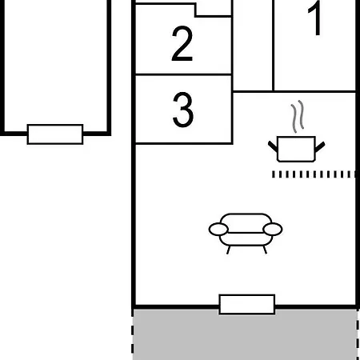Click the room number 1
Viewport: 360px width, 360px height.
click(314, 18)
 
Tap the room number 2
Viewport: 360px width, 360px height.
click(182, 43)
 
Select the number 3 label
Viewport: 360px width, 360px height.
click(183, 110)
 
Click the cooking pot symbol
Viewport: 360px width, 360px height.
click(296, 149)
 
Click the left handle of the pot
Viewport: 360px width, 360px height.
click(273, 146)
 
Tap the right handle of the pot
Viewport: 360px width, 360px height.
click(320, 146)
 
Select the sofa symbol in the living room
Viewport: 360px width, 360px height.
click(246, 234)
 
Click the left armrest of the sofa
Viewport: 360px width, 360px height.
click(218, 230)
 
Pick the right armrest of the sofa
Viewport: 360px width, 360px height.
click(273, 230)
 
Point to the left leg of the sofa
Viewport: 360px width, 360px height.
click(228, 250)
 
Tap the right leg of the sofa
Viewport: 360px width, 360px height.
click(265, 250)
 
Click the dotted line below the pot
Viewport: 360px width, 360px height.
click(314, 174)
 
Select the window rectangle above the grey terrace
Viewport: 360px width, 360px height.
click(247, 304)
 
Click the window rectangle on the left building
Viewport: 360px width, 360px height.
click(55, 134)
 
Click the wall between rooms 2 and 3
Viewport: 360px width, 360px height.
click(183, 74)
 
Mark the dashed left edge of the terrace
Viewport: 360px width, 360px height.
click(133, 334)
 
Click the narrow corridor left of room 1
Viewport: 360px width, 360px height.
click(253, 45)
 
